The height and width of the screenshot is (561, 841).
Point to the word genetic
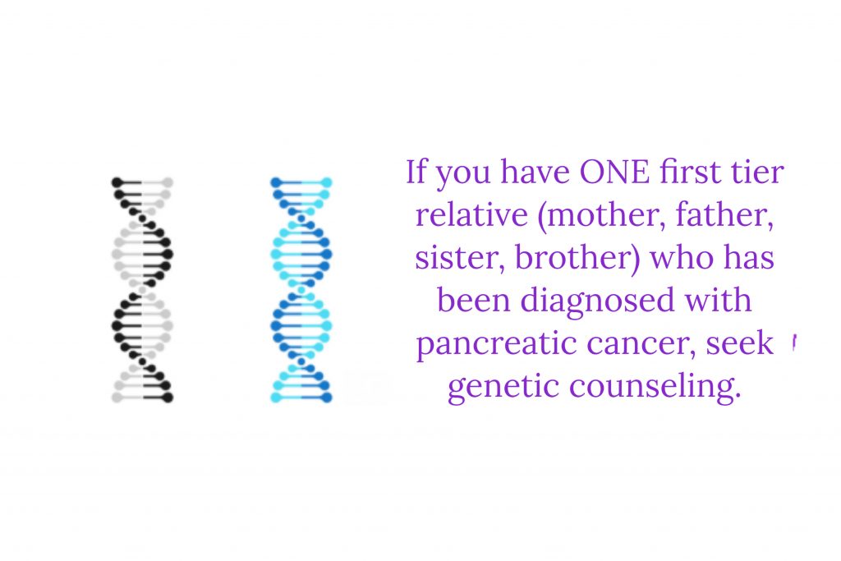(503, 387)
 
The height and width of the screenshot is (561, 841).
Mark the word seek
(740, 344)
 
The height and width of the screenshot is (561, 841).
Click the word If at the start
(416, 172)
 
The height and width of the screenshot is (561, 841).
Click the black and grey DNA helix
(143, 290)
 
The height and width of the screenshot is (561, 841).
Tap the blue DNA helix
(301, 290)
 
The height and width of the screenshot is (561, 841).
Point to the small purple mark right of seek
(794, 343)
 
